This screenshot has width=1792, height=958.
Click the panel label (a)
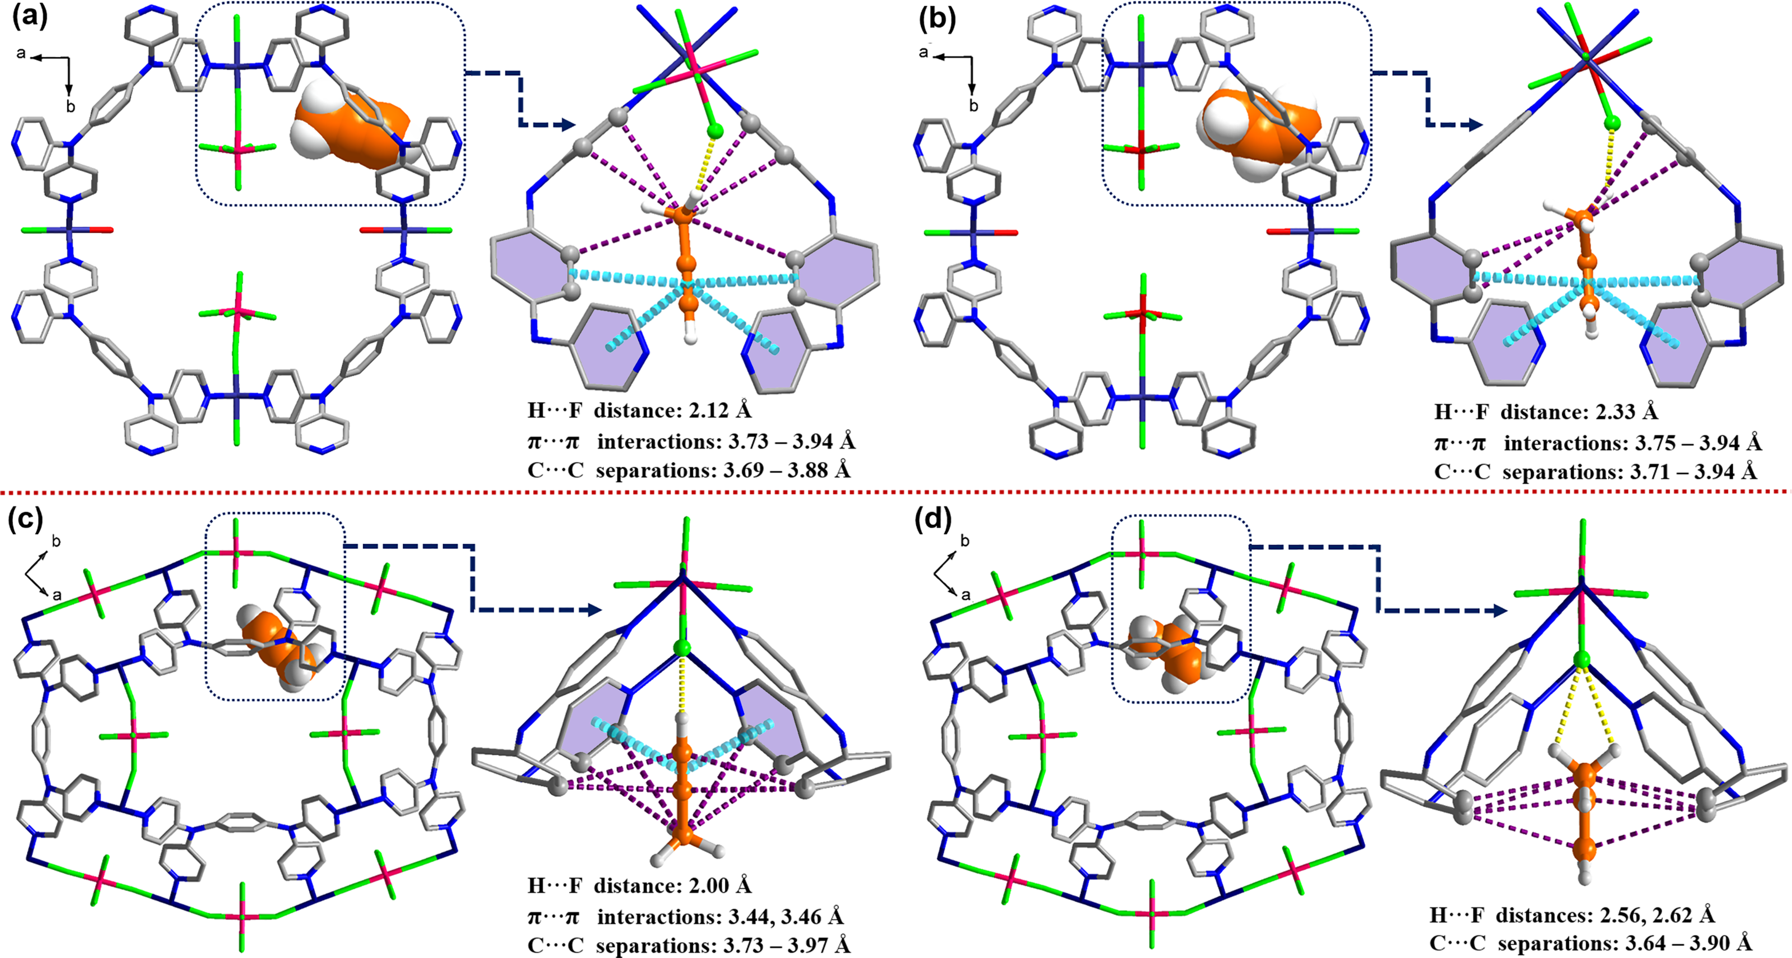[30, 18]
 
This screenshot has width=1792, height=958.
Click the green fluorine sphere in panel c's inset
[683, 648]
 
